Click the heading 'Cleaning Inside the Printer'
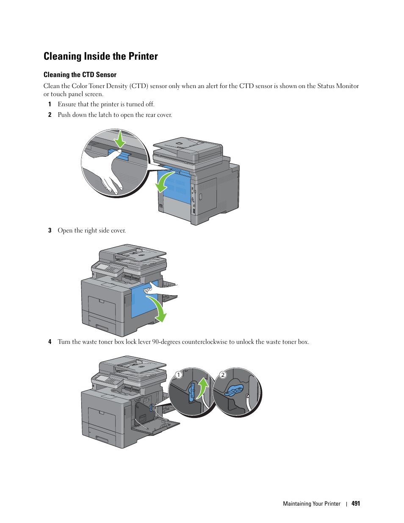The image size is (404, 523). pyautogui.click(x=101, y=56)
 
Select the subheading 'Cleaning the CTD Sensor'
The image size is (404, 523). pyautogui.click(x=80, y=75)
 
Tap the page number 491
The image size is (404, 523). pyautogui.click(x=356, y=504)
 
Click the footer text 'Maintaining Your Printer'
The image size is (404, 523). pyautogui.click(x=312, y=504)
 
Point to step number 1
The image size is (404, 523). pyautogui.click(x=50, y=104)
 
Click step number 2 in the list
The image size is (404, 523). pyautogui.click(x=50, y=115)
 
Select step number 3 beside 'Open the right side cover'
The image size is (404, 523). pyautogui.click(x=50, y=230)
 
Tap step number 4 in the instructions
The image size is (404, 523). pyautogui.click(x=50, y=342)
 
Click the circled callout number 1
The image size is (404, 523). pyautogui.click(x=179, y=375)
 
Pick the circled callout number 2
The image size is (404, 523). pyautogui.click(x=223, y=375)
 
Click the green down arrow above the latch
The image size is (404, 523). pyautogui.click(x=120, y=139)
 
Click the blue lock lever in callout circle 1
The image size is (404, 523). pyautogui.click(x=192, y=391)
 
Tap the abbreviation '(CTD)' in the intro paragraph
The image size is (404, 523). pyautogui.click(x=138, y=86)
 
